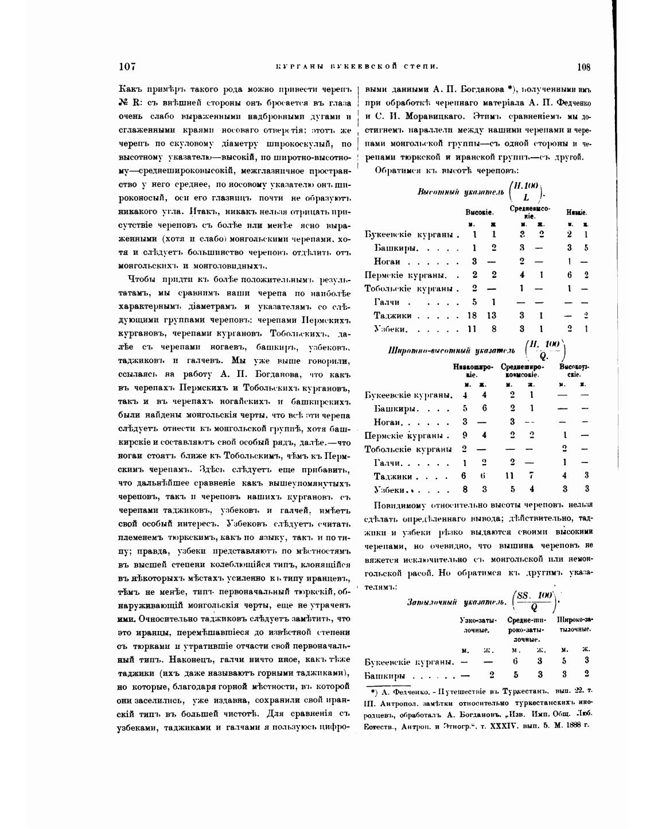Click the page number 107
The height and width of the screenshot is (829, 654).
pos(127,67)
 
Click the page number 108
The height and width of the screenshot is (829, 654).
pos(583,67)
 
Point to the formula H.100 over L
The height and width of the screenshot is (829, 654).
pos(525,191)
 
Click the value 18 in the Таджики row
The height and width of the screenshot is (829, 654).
pos(472,315)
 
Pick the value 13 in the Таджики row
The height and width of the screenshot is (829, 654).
pos(492,315)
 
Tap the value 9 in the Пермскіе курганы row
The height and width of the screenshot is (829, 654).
pos(465,435)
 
